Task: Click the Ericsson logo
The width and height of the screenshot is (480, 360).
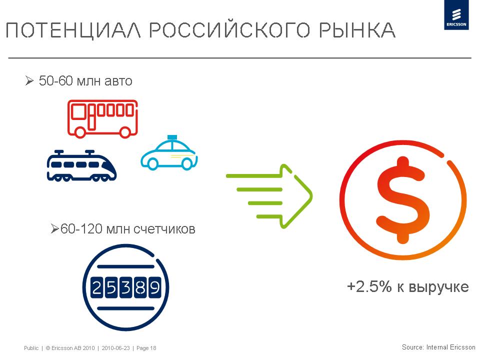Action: point(456,14)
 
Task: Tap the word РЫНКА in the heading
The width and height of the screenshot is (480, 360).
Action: point(357,30)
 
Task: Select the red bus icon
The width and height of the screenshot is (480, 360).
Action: point(102,118)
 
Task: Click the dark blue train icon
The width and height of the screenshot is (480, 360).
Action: point(81,165)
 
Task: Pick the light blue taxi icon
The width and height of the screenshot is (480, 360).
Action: point(169,153)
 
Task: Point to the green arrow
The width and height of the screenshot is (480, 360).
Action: point(269,196)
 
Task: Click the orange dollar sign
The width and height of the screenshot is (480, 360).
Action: point(403,200)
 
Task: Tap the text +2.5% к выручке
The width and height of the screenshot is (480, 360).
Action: point(408,287)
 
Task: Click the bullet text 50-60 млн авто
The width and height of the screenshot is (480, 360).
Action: point(85,81)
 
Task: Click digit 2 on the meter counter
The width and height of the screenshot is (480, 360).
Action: point(96,288)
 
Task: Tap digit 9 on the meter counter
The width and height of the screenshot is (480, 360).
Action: point(154,288)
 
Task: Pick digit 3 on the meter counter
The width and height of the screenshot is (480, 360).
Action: point(125,288)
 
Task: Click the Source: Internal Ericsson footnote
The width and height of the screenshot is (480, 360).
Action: point(438,347)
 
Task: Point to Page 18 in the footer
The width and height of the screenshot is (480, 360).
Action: point(146,348)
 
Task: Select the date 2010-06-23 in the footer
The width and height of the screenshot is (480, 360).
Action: point(115,348)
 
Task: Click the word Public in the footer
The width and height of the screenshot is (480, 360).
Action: point(31,348)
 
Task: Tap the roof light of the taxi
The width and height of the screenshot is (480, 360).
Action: point(172,137)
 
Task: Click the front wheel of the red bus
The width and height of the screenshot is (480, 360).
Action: point(124,132)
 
